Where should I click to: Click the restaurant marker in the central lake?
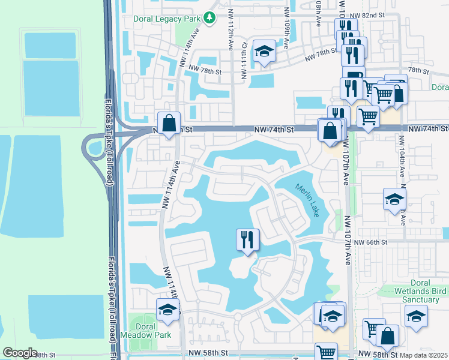pyautogui.click(x=247, y=241)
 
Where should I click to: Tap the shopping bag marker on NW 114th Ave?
pyautogui.click(x=170, y=124)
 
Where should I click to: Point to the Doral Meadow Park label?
pyautogui.click(x=146, y=330)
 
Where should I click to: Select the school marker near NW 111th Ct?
pyautogui.click(x=263, y=52)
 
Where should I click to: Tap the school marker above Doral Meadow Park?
pyautogui.click(x=168, y=310)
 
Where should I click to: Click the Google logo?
pyautogui.click(x=20, y=353)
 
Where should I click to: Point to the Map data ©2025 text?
pyautogui.click(x=423, y=355)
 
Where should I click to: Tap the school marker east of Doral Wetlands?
pyautogui.click(x=415, y=317)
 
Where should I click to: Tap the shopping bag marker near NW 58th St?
pyautogui.click(x=388, y=337)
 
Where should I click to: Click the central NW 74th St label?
pyautogui.click(x=274, y=129)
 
